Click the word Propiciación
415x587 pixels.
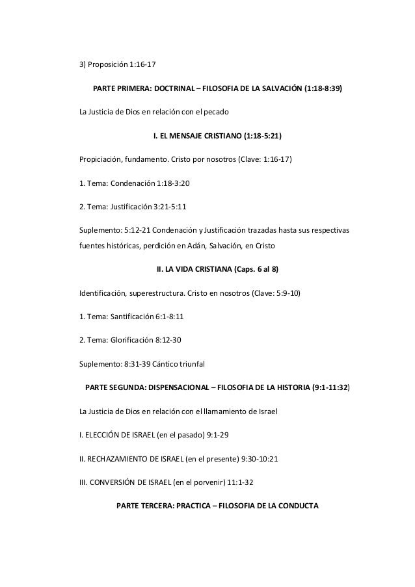[101, 161]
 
